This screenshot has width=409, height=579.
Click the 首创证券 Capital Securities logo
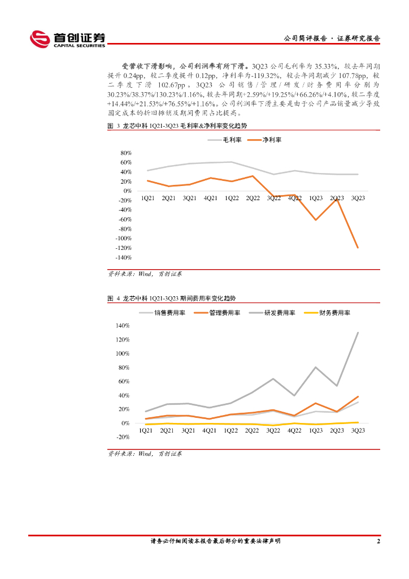pos(67,39)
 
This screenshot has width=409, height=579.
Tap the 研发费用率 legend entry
pos(279,313)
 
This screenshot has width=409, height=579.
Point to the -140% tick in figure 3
pos(124,257)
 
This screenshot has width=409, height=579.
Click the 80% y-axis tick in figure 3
pos(126,153)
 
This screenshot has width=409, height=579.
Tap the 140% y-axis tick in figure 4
pos(123,326)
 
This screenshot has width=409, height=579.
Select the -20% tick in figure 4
pos(123,437)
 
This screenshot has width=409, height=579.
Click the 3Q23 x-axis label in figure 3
pos(358,198)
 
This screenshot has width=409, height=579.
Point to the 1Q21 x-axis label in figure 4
pos(146,431)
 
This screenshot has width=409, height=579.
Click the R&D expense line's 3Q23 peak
pos(358,332)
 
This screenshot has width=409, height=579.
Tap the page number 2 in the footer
pos(378,541)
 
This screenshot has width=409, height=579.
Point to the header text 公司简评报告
pos(305,38)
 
